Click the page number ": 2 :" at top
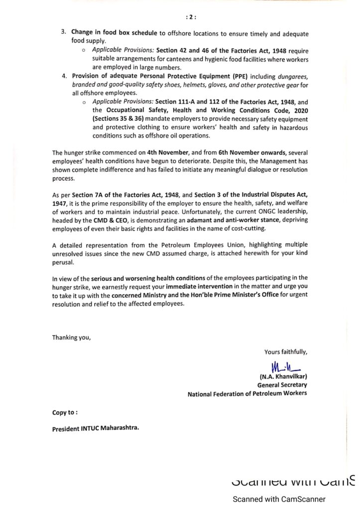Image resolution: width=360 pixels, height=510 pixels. point(191,16)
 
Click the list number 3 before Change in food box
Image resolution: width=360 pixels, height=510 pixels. point(63,33)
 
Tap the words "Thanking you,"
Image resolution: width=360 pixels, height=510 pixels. point(72,338)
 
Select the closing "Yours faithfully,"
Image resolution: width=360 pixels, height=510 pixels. point(286,352)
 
